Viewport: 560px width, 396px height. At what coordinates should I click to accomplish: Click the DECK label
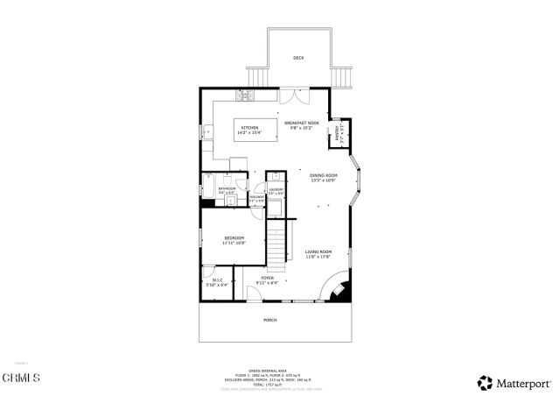pyautogui.click(x=298, y=59)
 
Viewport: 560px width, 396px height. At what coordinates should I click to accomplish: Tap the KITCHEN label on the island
pyautogui.click(x=250, y=128)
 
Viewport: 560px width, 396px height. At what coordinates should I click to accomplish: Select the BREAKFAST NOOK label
pyautogui.click(x=302, y=124)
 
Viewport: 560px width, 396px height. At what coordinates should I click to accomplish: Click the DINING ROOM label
pyautogui.click(x=323, y=176)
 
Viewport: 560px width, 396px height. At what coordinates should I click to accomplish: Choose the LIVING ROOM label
pyautogui.click(x=318, y=253)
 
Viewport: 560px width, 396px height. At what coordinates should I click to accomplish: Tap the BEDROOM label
pyautogui.click(x=234, y=238)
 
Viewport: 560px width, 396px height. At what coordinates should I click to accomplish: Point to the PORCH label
pyautogui.click(x=270, y=320)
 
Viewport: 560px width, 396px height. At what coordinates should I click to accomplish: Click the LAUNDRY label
pyautogui.click(x=276, y=189)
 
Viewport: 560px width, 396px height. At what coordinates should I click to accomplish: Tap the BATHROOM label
pyautogui.click(x=227, y=188)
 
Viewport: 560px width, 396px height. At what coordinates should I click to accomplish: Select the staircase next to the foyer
pyautogui.click(x=277, y=244)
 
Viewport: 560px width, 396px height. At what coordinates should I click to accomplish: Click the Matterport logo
pyautogui.click(x=514, y=383)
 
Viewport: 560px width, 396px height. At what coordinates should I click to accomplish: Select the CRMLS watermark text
pyautogui.click(x=23, y=378)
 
